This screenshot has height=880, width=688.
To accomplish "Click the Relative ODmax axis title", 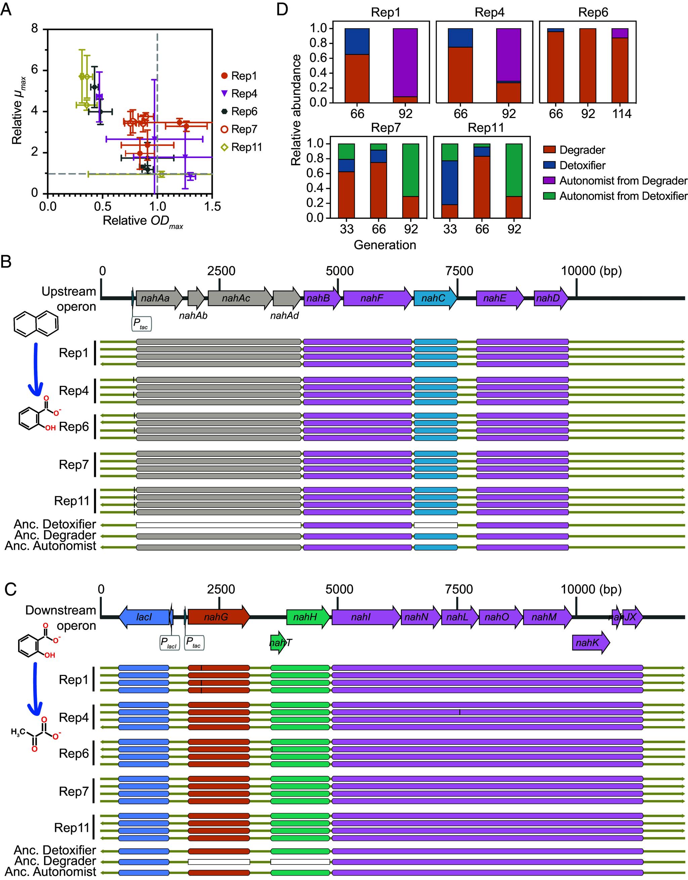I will pyautogui.click(x=143, y=221).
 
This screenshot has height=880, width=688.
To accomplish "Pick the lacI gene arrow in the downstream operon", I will pyautogui.click(x=144, y=617).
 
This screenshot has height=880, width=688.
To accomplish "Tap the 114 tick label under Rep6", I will pyautogui.click(x=621, y=114).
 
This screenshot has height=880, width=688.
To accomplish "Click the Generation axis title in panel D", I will pyautogui.click(x=385, y=245).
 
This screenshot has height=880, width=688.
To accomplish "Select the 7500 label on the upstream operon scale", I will pyautogui.click(x=459, y=271).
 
